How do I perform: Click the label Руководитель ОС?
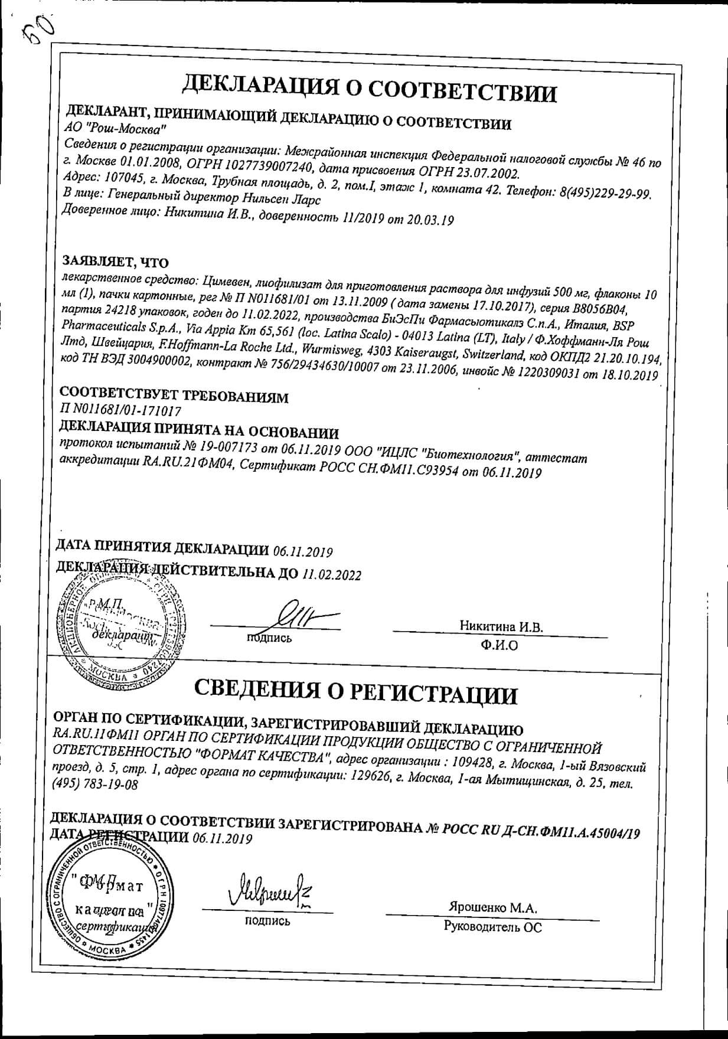pyautogui.click(x=492, y=927)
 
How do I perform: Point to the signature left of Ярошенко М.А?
pyautogui.click(x=269, y=888)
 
